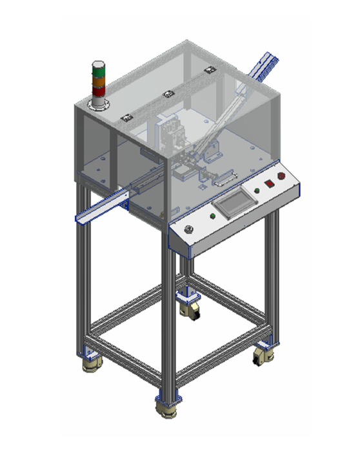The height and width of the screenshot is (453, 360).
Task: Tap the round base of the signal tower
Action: pos(98,103)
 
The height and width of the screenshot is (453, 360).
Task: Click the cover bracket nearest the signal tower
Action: pos(127,118)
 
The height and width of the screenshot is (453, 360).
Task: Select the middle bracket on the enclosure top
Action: pos(168,93)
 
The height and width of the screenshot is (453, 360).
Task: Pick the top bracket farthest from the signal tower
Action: pos(208,69)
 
